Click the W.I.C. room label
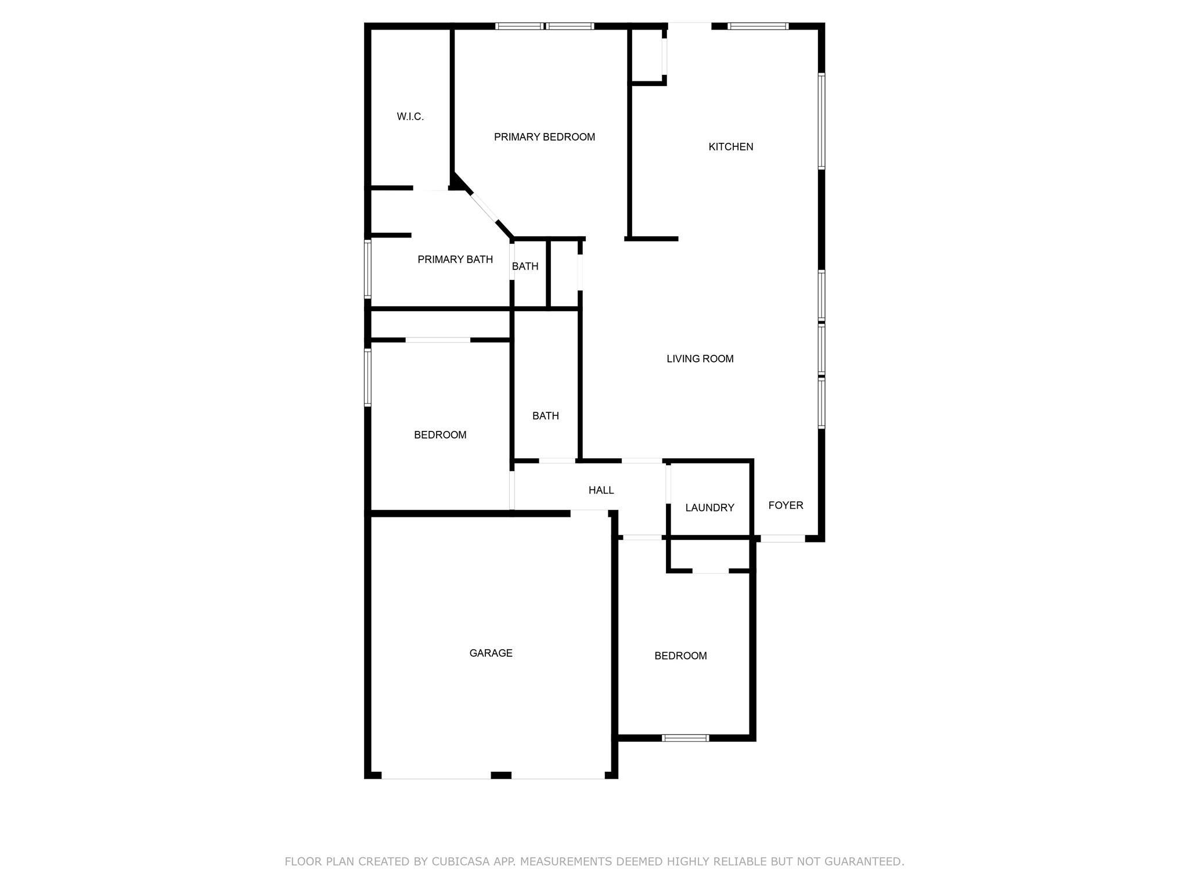(410, 117)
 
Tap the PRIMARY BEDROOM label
(544, 137)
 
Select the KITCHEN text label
(730, 147)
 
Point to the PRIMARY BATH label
(455, 260)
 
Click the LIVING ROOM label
(700, 359)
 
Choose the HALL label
(601, 490)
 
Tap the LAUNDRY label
(709, 508)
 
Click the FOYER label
(786, 505)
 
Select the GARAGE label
(491, 653)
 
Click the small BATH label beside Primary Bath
(525, 267)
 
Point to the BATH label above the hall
(545, 416)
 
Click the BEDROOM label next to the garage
(680, 656)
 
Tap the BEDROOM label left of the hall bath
(440, 435)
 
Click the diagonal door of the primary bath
(484, 207)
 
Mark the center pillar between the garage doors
(500, 775)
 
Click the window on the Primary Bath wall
(367, 269)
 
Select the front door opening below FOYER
(782, 538)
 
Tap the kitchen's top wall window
(758, 26)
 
